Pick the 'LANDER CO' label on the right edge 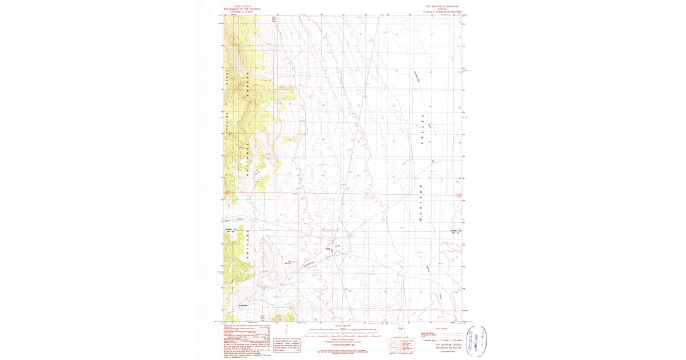point(454,231)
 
